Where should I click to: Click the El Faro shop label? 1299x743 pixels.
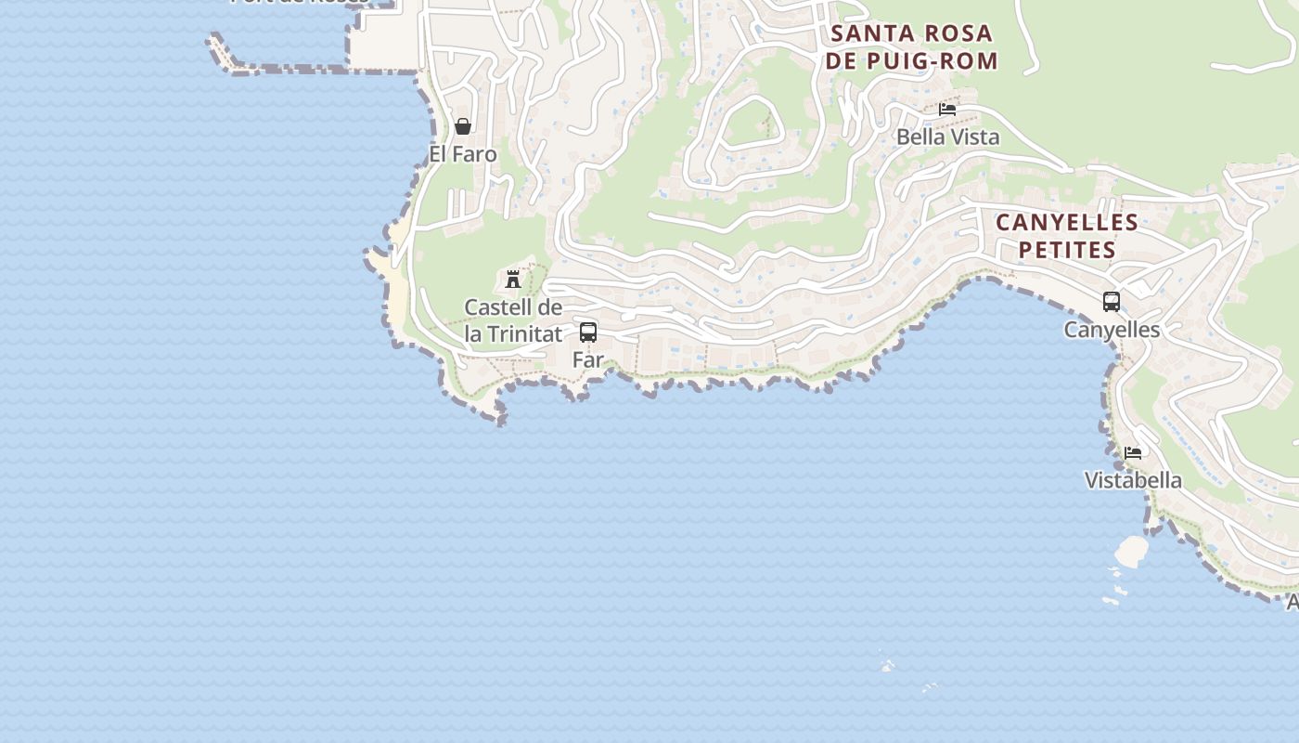pos(463,154)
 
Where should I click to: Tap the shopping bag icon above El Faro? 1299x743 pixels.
pos(463,126)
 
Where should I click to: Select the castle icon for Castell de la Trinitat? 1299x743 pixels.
pos(512,279)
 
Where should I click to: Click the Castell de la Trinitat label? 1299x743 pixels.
pos(513,320)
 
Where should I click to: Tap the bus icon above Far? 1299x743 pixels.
pos(588,332)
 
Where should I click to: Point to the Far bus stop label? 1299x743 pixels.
pos(588,359)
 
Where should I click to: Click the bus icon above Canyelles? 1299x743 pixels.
pos(1112,302)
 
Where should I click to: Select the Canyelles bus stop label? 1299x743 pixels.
pos(1112,330)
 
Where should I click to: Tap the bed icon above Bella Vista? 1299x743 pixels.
pos(947,110)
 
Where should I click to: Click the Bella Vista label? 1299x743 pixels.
pos(947,137)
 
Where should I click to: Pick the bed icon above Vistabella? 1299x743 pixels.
pos(1133,453)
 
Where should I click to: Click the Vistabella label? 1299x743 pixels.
pos(1133,480)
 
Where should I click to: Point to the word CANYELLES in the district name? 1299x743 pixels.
pos(1067,223)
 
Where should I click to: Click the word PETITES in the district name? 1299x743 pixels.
pos(1067,250)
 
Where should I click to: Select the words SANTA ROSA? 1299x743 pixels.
pos(912,34)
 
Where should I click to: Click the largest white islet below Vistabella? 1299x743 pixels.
pos(1131,552)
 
